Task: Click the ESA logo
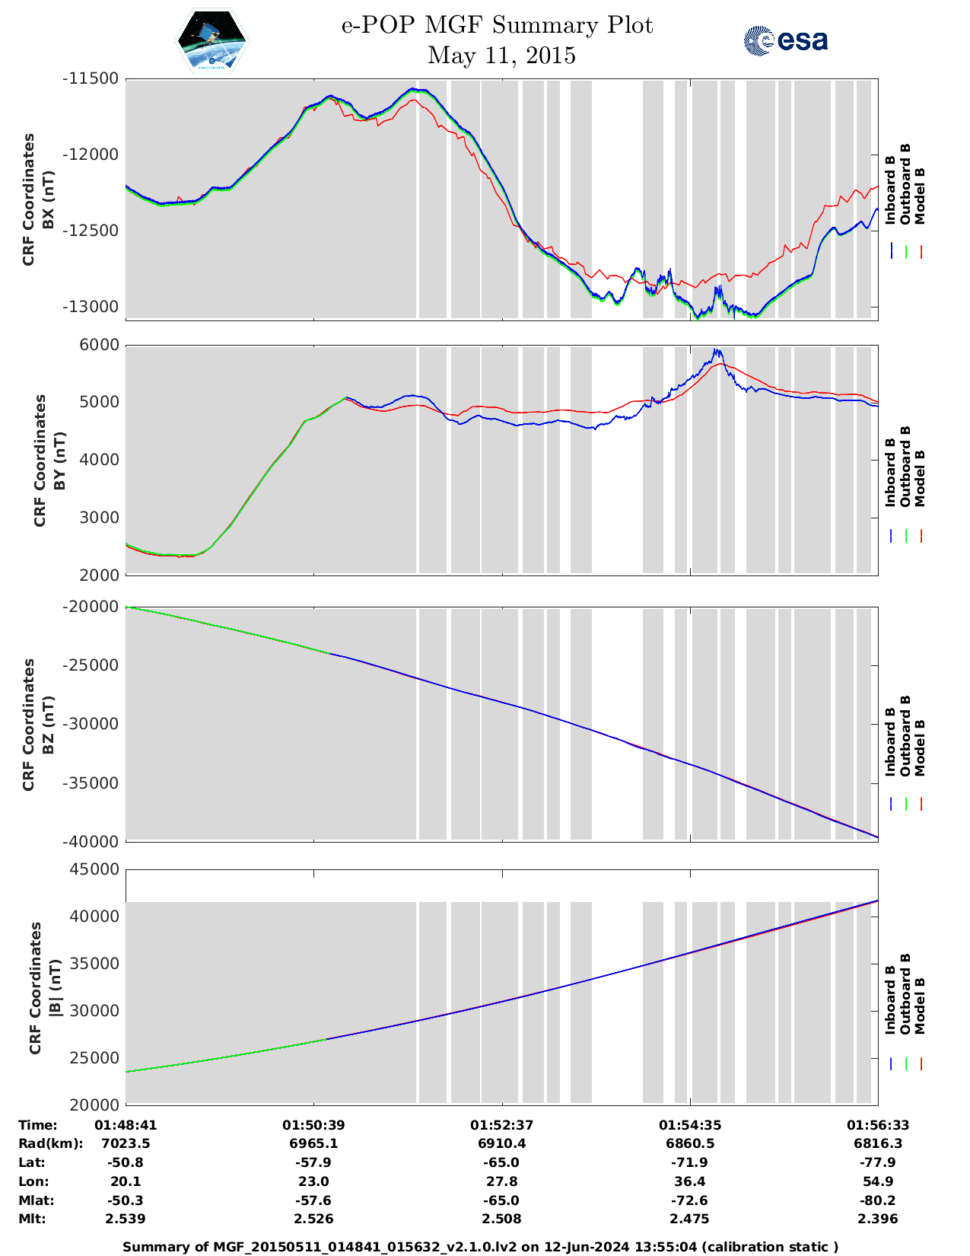pos(785,40)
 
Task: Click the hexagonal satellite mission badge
pos(212,40)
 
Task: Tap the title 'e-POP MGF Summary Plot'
pos(497,25)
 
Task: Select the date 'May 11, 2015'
pos(501,56)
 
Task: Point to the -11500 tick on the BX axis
pos(91,78)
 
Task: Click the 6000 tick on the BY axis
pos(100,345)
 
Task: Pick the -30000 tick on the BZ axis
pos(91,724)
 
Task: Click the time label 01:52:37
pos(501,1125)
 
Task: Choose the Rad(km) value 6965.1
pos(313,1143)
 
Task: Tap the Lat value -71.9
pos(689,1162)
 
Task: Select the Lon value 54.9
pos(878,1181)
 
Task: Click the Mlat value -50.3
pos(126,1200)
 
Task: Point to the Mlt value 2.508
pos(501,1219)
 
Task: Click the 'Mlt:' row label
pos(32,1219)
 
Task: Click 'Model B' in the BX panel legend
pos(920,196)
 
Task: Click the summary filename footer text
pos(481,1246)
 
